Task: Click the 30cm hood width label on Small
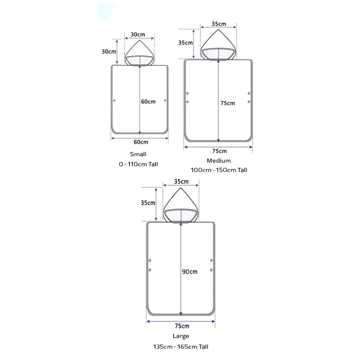[x=138, y=35]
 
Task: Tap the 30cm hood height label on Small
[x=109, y=51]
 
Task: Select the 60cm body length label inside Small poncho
[x=148, y=102]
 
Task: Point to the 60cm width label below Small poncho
[x=141, y=142]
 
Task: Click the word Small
[x=138, y=154]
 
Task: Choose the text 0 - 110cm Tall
[x=138, y=164]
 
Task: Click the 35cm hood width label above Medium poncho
[x=219, y=24]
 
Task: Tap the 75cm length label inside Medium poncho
[x=228, y=103]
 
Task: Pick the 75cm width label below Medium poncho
[x=220, y=151]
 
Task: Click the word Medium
[x=219, y=161]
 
